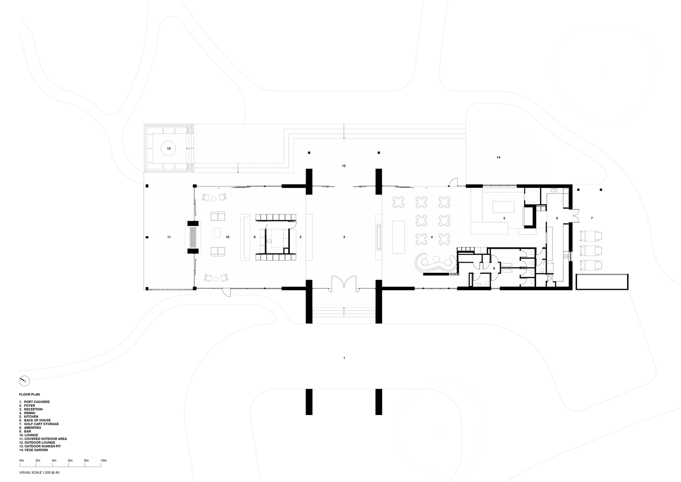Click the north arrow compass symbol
tap(25, 381)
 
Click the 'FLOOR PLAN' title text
tap(29, 395)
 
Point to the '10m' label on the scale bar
tap(103, 460)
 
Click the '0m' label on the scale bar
tap(22, 460)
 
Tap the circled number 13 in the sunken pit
tap(169, 148)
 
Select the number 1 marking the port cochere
tap(344, 358)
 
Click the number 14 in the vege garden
tap(498, 158)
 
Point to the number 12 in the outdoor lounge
tap(344, 166)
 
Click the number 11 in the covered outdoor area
tap(169, 237)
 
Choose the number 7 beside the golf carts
tap(591, 218)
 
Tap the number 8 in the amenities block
tap(494, 268)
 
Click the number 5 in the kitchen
tap(504, 218)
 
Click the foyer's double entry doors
tap(344, 284)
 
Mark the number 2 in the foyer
tap(344, 237)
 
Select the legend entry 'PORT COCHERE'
tap(37, 402)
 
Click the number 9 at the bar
tap(255, 237)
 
